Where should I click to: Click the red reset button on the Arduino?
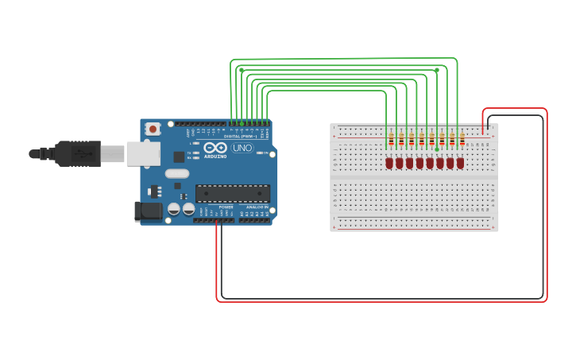[153, 129]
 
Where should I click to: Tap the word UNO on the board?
[242, 148]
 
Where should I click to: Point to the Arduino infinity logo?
[215, 148]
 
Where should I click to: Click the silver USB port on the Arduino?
[143, 153]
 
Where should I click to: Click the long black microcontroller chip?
[232, 193]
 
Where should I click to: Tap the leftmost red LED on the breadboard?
[389, 163]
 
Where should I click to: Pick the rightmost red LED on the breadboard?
[460, 163]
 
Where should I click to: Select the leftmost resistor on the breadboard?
[391, 141]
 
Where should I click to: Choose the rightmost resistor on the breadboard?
[462, 141]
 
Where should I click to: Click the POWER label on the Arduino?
[226, 207]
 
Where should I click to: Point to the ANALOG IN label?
[255, 207]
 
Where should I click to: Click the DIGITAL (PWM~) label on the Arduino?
[248, 137]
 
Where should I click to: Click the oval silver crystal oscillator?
[177, 173]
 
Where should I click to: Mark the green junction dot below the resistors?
[436, 149]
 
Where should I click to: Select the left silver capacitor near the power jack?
[173, 209]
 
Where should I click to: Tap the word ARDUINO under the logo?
[215, 156]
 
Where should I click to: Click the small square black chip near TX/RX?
[180, 157]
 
